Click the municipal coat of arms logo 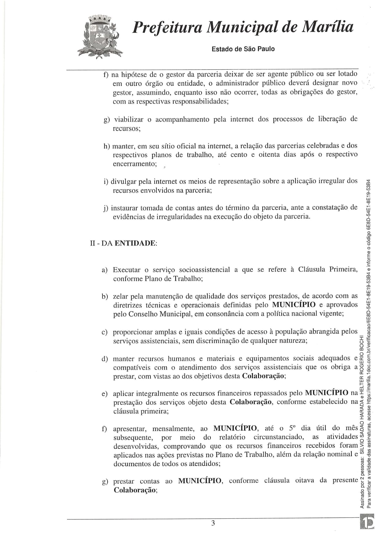[100, 37]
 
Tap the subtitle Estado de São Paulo [243, 49]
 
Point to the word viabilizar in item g [129, 119]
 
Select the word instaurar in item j [125, 208]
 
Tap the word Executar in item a [127, 270]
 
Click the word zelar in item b [120, 296]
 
